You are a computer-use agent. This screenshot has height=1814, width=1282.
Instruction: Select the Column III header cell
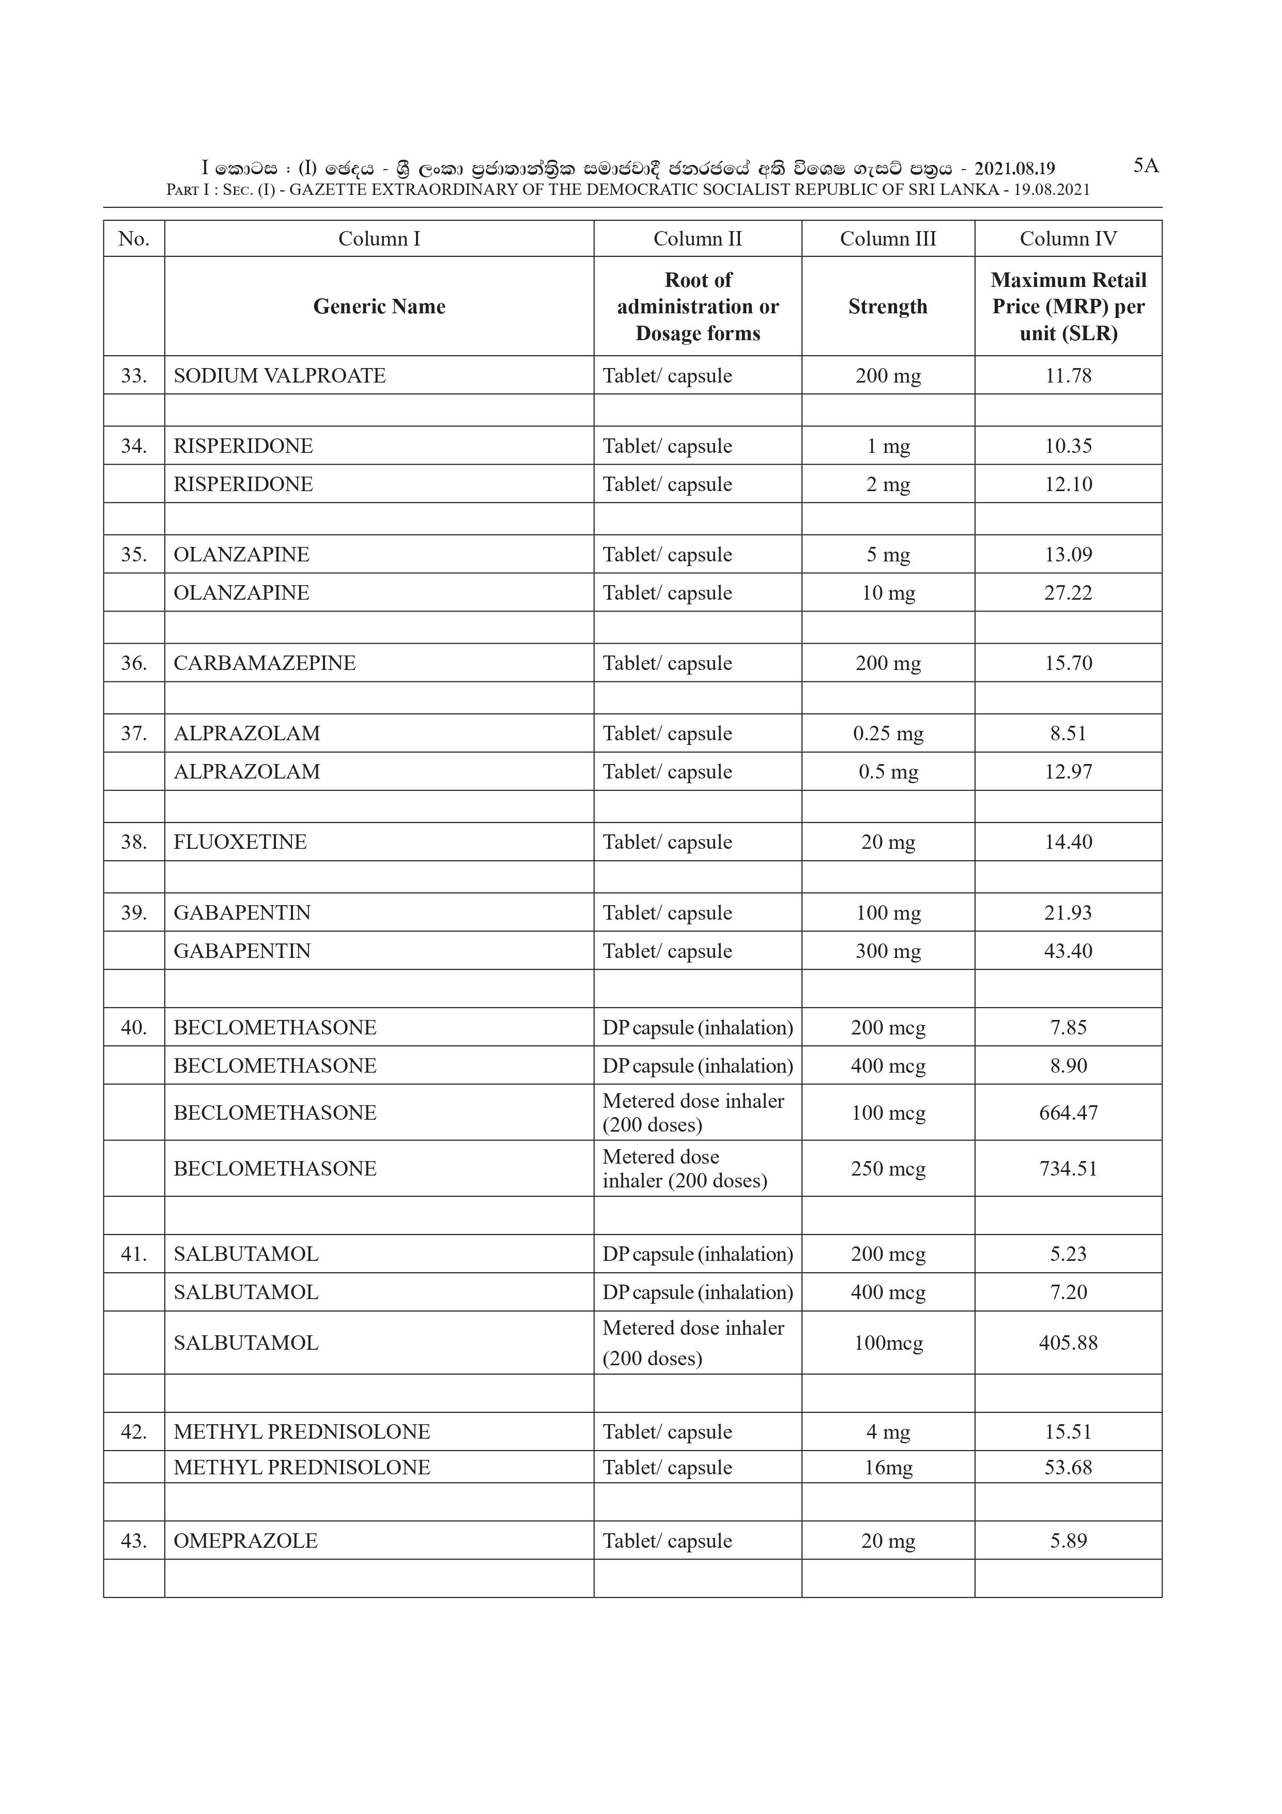pyautogui.click(x=888, y=239)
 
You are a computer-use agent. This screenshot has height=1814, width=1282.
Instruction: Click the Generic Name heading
pyautogui.click(x=379, y=307)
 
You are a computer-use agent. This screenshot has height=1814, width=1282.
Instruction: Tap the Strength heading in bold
pyautogui.click(x=888, y=307)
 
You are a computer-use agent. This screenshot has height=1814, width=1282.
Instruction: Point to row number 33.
pyautogui.click(x=133, y=375)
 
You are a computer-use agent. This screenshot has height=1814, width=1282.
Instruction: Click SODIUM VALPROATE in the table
pyautogui.click(x=280, y=375)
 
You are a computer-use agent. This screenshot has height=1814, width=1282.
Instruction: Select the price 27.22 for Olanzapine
pyautogui.click(x=1068, y=592)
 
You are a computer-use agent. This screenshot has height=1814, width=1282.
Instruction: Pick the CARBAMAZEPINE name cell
pyautogui.click(x=265, y=663)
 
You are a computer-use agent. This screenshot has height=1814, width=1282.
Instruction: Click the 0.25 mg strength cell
pyautogui.click(x=888, y=733)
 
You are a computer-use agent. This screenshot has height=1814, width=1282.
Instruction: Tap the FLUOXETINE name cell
pyautogui.click(x=240, y=842)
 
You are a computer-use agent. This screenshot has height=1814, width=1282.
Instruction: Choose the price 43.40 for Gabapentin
pyautogui.click(x=1068, y=951)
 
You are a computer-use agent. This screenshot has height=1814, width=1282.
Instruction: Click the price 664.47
pyautogui.click(x=1068, y=1112)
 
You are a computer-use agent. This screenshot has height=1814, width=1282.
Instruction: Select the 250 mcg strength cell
pyautogui.click(x=888, y=1168)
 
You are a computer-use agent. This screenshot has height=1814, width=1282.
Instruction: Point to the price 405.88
pyautogui.click(x=1068, y=1343)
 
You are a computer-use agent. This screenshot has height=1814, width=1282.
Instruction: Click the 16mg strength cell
pyautogui.click(x=888, y=1467)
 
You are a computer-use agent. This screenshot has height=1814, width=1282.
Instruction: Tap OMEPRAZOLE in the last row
pyautogui.click(x=245, y=1541)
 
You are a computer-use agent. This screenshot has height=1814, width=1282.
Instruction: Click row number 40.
pyautogui.click(x=133, y=1027)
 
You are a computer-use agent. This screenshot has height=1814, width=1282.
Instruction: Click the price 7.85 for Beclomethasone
pyautogui.click(x=1068, y=1027)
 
